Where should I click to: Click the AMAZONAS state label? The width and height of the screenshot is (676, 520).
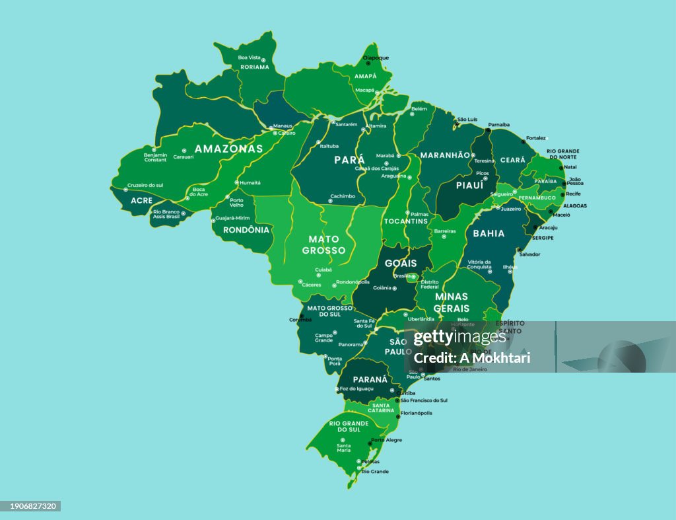(x=228, y=149)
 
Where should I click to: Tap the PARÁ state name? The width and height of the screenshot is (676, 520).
(x=349, y=160)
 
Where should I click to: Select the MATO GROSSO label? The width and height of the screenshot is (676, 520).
(x=323, y=244)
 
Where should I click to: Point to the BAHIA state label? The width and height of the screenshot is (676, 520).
(x=489, y=233)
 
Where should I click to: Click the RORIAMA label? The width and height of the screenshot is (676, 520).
(x=254, y=67)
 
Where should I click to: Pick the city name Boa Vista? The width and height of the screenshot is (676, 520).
(x=249, y=57)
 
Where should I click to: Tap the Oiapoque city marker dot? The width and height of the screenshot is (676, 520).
(x=368, y=63)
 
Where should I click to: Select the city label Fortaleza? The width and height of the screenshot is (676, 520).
(x=536, y=138)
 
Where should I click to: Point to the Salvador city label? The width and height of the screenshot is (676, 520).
(x=529, y=254)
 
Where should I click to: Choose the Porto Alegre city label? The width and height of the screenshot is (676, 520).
(x=386, y=440)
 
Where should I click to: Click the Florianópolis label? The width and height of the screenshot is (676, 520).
(x=416, y=414)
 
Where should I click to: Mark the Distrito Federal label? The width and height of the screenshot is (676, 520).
(x=429, y=284)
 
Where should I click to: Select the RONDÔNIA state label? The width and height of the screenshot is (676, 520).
(x=246, y=230)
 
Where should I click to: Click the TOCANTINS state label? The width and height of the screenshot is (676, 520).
(x=406, y=221)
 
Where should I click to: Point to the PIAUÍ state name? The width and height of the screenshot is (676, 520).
(x=469, y=186)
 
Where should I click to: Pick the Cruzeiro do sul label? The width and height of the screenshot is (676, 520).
(x=145, y=185)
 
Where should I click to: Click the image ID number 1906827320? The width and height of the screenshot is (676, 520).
(x=31, y=506)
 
